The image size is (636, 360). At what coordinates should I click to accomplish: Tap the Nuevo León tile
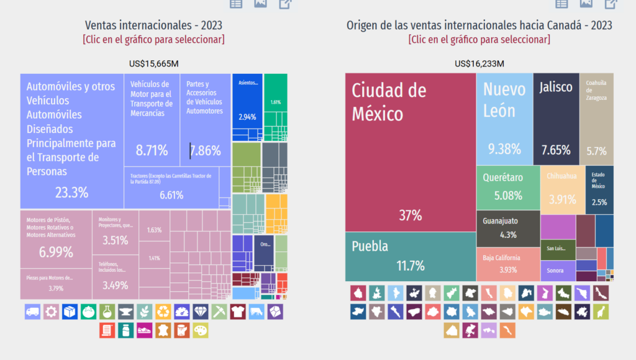[x=504, y=119]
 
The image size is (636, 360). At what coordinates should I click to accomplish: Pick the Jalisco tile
[x=556, y=119]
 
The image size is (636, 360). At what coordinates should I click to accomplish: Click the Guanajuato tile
[x=507, y=228]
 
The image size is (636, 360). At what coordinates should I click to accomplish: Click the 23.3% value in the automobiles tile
[x=71, y=192]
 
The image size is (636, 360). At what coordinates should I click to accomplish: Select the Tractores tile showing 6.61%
[x=171, y=187]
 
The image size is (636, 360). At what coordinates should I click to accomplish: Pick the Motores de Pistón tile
[x=56, y=239]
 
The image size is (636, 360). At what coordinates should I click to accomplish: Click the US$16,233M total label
[x=479, y=63]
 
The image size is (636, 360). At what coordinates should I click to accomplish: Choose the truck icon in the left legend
[x=33, y=312]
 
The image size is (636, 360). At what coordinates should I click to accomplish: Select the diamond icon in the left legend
[x=201, y=312]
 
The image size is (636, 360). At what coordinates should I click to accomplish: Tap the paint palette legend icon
[x=201, y=330]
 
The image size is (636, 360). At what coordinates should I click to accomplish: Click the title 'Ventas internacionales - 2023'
[x=153, y=25]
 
